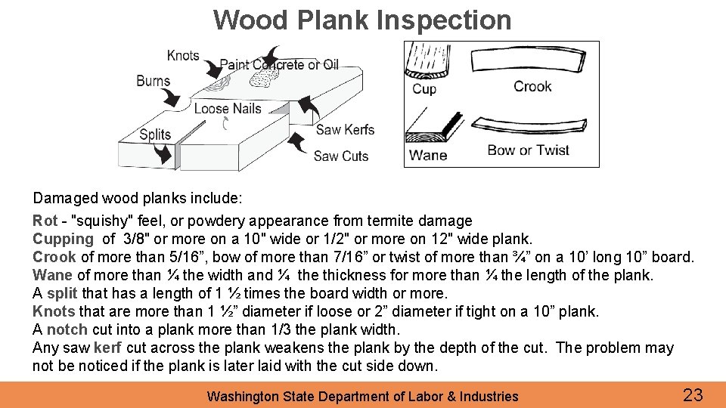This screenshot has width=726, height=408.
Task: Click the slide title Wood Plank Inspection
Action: click(x=362, y=20)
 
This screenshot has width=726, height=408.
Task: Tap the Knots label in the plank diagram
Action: click(x=183, y=55)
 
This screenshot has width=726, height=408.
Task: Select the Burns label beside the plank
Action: click(x=153, y=81)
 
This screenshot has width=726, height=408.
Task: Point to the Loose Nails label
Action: click(x=227, y=109)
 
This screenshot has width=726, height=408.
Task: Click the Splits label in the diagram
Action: click(x=155, y=134)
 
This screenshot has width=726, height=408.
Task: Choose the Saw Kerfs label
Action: click(x=345, y=129)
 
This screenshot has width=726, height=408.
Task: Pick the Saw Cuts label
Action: click(x=340, y=156)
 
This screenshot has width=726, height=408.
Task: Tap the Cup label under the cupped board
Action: click(x=424, y=88)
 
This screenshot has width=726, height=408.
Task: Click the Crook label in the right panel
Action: click(x=532, y=86)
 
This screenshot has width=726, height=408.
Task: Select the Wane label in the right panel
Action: click(x=428, y=155)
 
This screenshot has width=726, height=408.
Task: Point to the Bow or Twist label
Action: click(x=528, y=150)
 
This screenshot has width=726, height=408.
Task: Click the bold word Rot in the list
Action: click(x=45, y=221)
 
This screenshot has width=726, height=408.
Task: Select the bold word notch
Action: click(x=67, y=329)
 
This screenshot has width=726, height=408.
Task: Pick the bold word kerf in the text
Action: click(x=108, y=348)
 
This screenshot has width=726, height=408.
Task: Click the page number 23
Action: click(x=693, y=394)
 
